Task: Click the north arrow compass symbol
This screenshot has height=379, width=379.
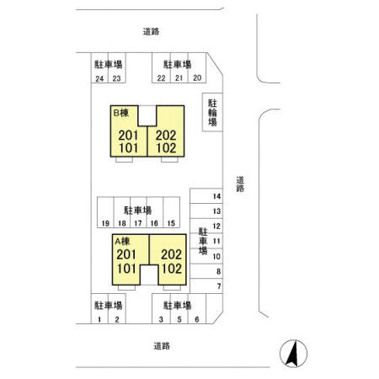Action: pyautogui.click(x=293, y=354)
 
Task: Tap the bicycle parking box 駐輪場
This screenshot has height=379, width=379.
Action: pyautogui.click(x=212, y=112)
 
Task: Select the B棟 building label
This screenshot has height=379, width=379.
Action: pyautogui.click(x=121, y=113)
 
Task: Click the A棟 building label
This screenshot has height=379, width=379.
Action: pyautogui.click(x=122, y=241)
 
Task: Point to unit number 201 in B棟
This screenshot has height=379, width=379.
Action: pyautogui.click(x=128, y=136)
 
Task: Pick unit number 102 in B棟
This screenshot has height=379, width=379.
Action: pyautogui.click(x=166, y=148)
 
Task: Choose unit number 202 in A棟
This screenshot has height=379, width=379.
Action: pyautogui.click(x=171, y=254)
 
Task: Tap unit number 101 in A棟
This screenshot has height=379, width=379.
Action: pyautogui.click(x=126, y=269)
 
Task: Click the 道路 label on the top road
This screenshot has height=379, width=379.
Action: pyautogui.click(x=151, y=31)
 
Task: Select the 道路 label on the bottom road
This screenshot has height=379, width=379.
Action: pyautogui.click(x=162, y=346)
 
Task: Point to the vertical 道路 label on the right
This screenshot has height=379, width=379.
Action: pyautogui.click(x=240, y=184)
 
